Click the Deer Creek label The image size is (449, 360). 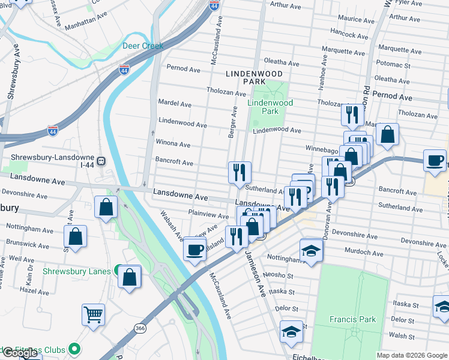click(143, 46)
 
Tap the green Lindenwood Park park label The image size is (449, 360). click(270, 107)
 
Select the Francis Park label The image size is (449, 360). click(353, 319)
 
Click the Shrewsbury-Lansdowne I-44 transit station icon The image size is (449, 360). click(102, 161)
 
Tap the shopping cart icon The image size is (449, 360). click(93, 314)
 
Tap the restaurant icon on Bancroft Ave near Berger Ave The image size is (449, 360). click(240, 172)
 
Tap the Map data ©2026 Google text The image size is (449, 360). click(412, 355)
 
